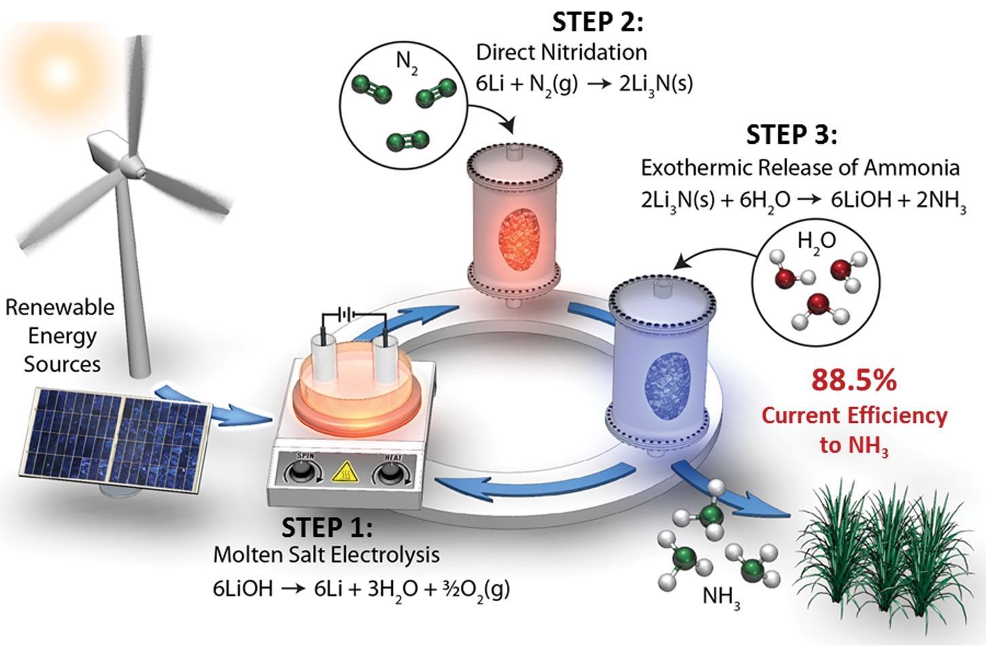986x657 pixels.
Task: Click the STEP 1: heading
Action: [x=326, y=527]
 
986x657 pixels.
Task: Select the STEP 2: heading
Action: [x=596, y=22]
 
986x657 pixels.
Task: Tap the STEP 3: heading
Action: [x=791, y=134]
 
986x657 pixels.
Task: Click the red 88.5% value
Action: [x=854, y=380]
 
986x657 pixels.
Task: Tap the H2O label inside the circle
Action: [x=816, y=241]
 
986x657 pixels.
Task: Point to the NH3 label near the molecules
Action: [x=721, y=597]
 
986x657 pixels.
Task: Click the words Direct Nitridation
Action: [x=561, y=52]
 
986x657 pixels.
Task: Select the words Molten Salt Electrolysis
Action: [x=326, y=555]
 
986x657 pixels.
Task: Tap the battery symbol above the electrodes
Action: [x=347, y=315]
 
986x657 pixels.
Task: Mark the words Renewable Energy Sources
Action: [x=61, y=335]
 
